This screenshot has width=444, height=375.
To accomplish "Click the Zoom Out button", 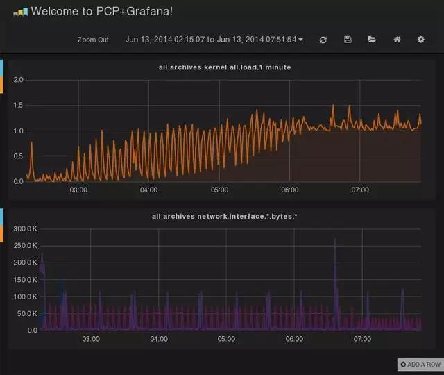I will (93, 40).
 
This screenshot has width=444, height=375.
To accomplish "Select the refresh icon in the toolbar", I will (323, 40).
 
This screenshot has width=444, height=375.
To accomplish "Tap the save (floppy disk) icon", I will (348, 40).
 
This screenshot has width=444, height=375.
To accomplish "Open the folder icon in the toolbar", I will (372, 40).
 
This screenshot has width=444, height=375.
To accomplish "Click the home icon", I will (397, 40).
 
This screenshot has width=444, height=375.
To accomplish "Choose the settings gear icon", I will (420, 40).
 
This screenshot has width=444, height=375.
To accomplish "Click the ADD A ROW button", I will (420, 365).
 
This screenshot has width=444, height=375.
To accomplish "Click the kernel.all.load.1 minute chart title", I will (225, 67).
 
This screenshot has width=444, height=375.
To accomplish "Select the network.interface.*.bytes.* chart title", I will (224, 217).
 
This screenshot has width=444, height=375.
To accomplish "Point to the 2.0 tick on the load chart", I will (19, 80).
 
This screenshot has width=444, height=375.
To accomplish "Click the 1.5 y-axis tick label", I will (19, 106).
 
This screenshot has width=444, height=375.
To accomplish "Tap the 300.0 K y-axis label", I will (25, 228).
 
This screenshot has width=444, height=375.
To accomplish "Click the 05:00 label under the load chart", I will (219, 190).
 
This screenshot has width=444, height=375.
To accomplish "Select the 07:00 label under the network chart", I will (362, 339).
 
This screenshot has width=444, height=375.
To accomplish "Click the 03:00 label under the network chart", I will (91, 339).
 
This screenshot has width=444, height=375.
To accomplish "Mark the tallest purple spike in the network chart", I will (335, 240).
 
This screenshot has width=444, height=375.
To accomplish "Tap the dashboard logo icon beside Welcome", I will (20, 12).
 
